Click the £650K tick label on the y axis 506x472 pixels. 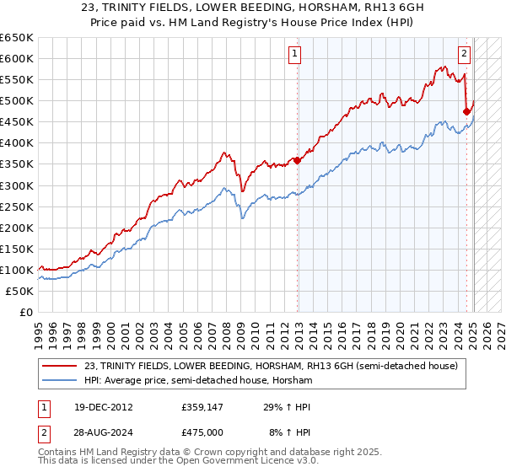click(x=17, y=38)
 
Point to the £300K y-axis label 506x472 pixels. click(x=17, y=185)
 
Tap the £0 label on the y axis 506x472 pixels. click(x=26, y=312)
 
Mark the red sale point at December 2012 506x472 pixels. click(x=297, y=160)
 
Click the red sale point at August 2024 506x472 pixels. click(x=467, y=110)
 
